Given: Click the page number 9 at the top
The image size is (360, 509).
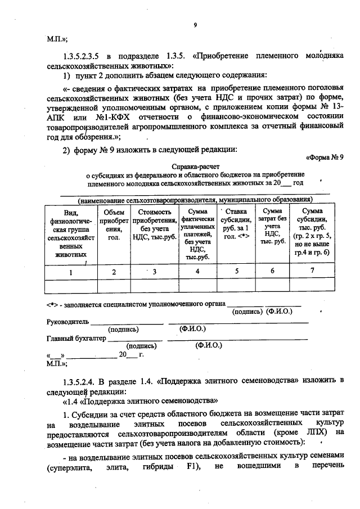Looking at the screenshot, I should (195, 25).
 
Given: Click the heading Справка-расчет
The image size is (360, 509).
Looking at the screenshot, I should (191, 166).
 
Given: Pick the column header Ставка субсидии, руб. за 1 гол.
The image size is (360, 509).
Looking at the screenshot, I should (236, 224).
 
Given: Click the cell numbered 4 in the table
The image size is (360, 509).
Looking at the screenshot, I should (197, 272).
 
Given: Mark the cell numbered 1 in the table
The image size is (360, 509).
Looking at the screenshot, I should (71, 272).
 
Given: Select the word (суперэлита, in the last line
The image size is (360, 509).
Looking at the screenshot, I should (66, 467).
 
